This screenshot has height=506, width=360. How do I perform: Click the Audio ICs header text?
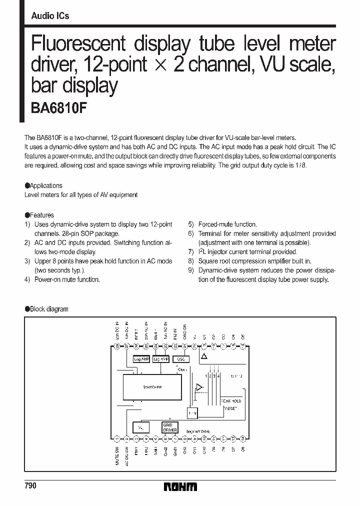tap(50, 15)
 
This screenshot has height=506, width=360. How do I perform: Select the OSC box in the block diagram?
tap(180, 359)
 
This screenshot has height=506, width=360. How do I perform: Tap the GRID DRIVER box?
tap(169, 427)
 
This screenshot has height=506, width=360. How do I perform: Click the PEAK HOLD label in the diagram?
tap(231, 401)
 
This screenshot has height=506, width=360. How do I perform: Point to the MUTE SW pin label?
tap(117, 456)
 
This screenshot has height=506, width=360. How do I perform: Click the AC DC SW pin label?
tap(127, 456)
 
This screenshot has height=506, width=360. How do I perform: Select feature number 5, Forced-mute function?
tap(222, 224)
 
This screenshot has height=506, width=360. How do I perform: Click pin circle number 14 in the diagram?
tap(243, 439)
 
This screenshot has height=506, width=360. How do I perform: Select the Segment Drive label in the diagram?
tap(197, 431)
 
